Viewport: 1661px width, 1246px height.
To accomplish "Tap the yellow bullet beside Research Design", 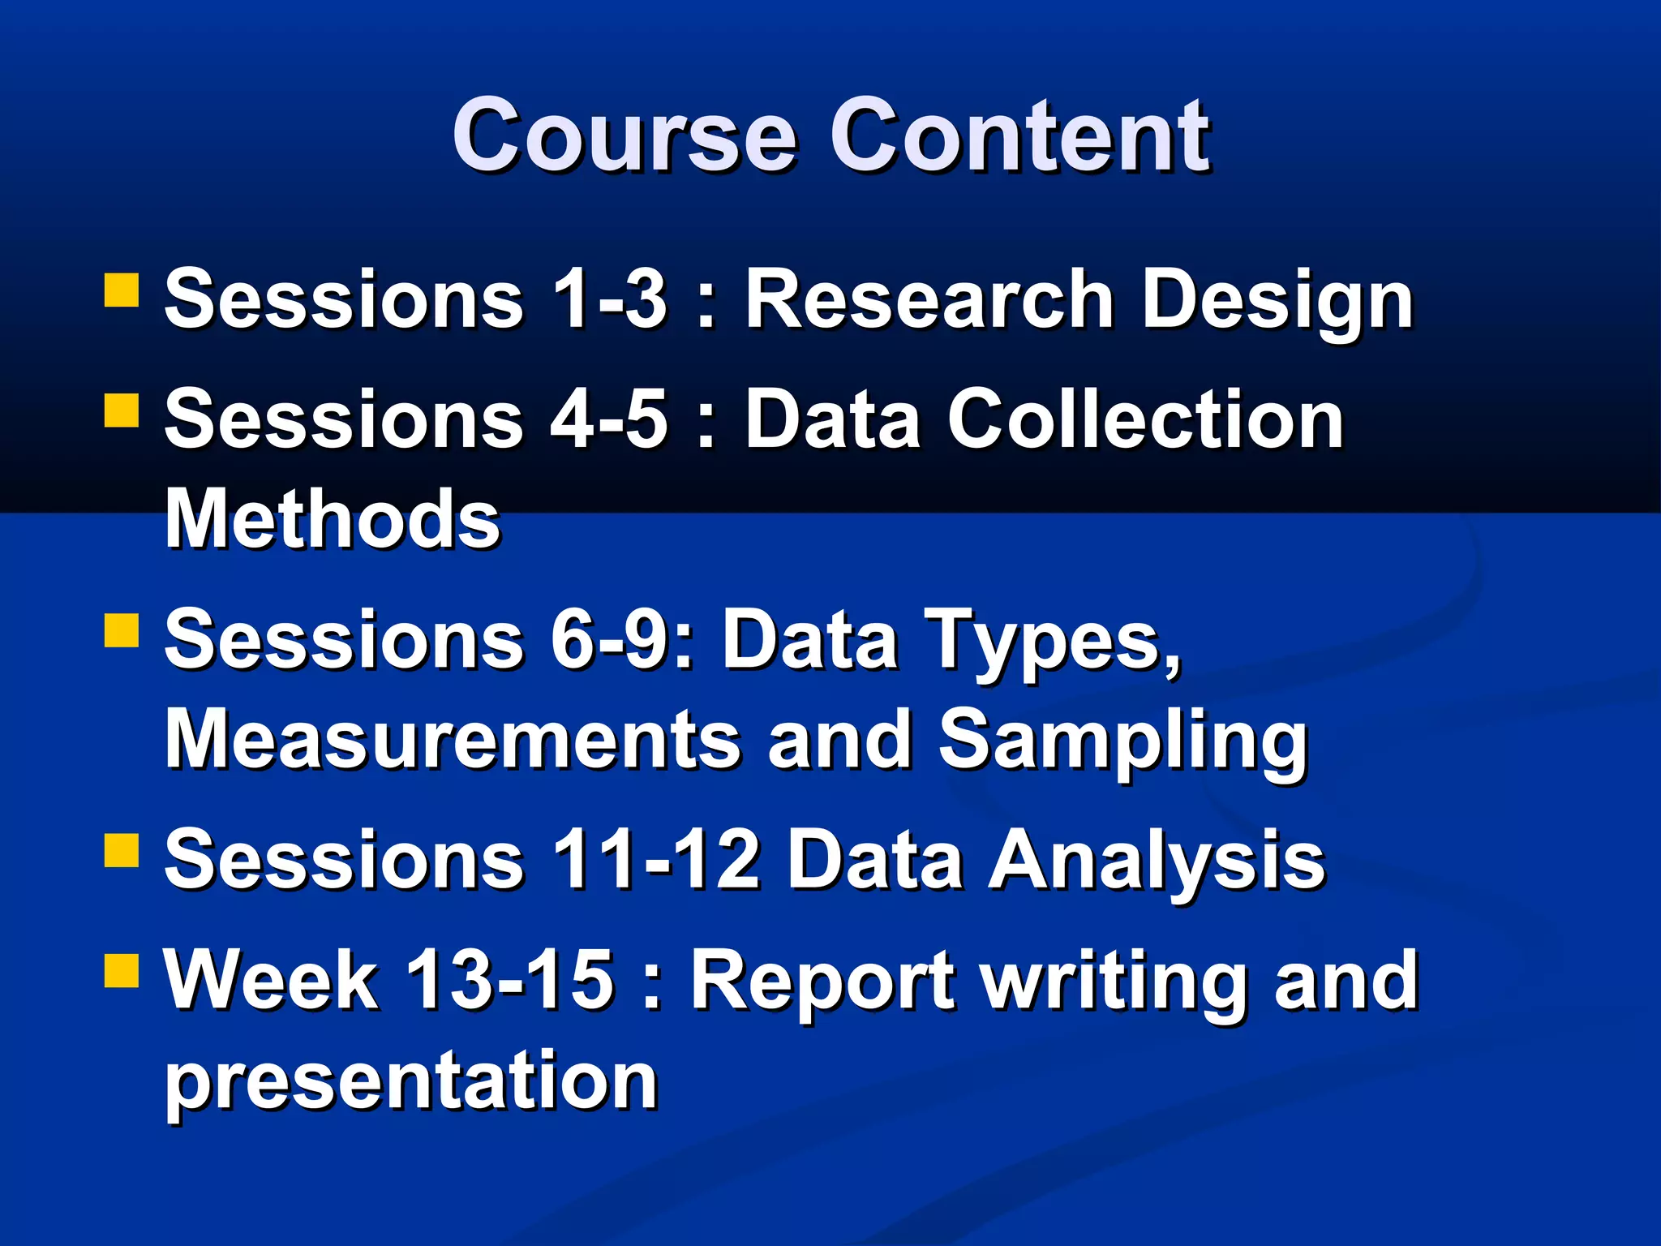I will point(122,290).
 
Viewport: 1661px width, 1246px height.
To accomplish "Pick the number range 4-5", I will point(609,419).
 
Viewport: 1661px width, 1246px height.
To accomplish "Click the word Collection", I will point(1145,419).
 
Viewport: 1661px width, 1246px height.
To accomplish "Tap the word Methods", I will point(333,519).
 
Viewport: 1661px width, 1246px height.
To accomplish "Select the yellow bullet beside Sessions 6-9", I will point(122,629).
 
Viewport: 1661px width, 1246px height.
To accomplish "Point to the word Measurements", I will point(453,740).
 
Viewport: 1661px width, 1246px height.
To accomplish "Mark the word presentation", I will point(410,1082).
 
